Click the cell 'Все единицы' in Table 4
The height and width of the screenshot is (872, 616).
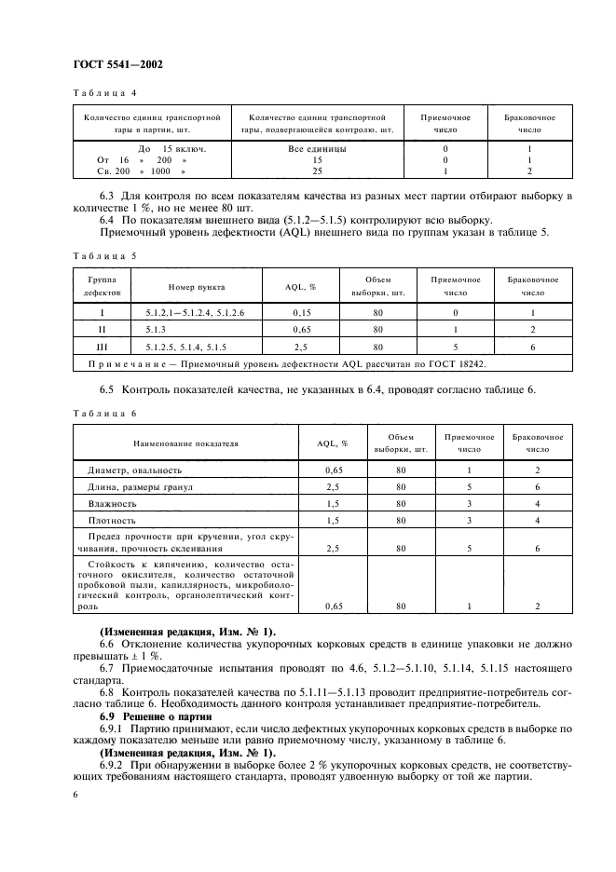(317, 149)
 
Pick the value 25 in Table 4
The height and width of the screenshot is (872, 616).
(317, 171)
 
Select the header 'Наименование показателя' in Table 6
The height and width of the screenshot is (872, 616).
(185, 443)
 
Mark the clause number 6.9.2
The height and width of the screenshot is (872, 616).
(114, 763)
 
